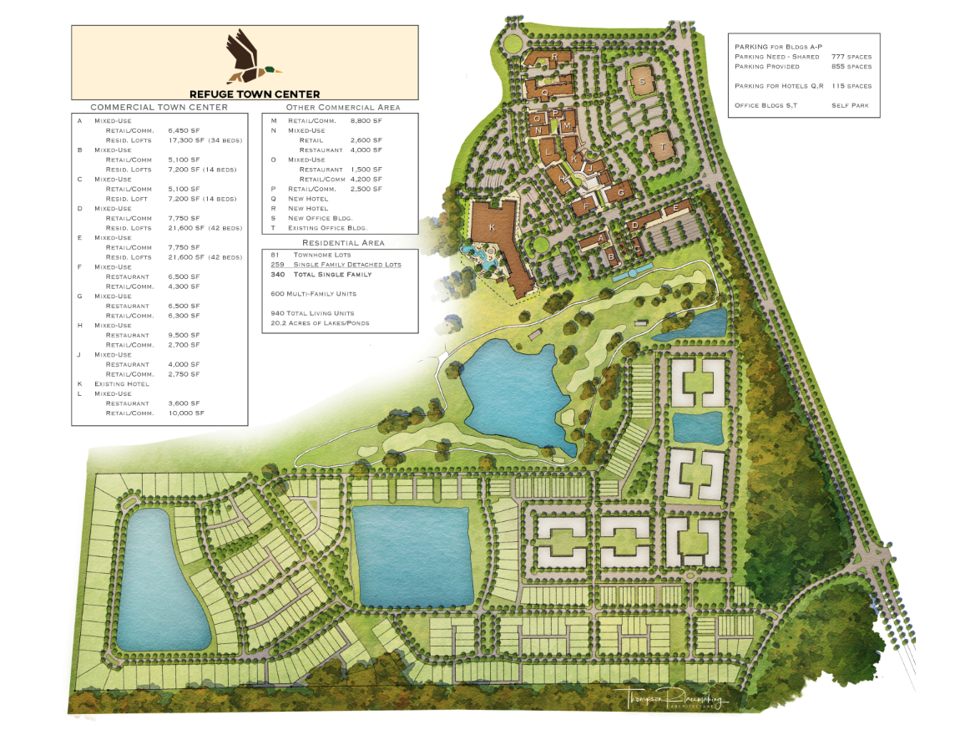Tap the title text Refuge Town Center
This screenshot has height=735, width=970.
(x=254, y=94)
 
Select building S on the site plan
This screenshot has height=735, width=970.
(x=643, y=82)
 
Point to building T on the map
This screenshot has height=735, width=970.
(x=662, y=147)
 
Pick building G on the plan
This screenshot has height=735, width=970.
(x=620, y=193)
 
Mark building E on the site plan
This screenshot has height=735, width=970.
(x=674, y=207)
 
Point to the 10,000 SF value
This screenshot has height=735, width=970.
(x=184, y=413)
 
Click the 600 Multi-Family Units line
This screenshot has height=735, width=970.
(x=314, y=294)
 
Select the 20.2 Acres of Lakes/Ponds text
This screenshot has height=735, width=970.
(x=320, y=322)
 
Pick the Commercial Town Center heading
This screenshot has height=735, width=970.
(x=159, y=108)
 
